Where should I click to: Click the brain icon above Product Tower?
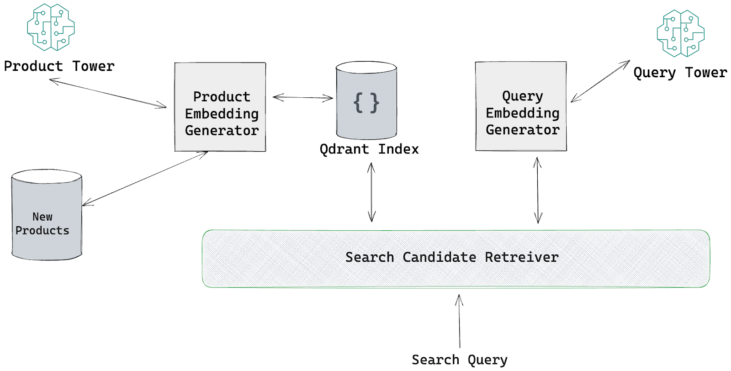coord(51,27)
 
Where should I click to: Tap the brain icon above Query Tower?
coord(681,33)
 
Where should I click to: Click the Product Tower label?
coord(59,66)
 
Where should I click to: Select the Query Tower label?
coord(680,73)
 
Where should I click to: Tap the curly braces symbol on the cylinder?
coord(366,103)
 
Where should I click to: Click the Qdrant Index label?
coord(369,149)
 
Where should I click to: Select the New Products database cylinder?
coord(47,215)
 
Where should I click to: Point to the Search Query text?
coord(460,360)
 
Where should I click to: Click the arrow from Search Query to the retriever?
coord(460,321)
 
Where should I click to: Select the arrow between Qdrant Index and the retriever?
coord(371,192)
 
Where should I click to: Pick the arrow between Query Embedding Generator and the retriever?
coord(538,191)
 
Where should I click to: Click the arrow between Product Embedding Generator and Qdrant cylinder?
coord(303,97)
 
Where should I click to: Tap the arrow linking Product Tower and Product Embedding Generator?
coord(108,93)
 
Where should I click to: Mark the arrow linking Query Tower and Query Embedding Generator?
coord(600,81)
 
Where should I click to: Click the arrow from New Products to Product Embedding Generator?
coord(145,179)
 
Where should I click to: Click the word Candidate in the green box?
coord(439,257)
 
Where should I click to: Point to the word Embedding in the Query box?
coord(523,113)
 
